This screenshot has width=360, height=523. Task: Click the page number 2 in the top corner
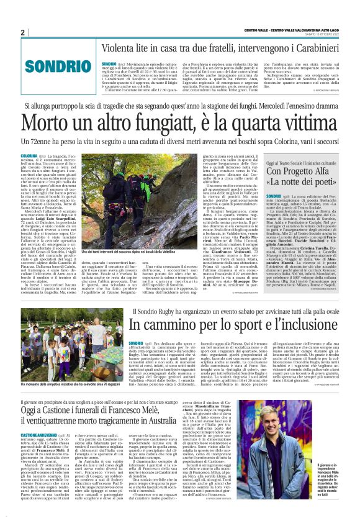[22, 32]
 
